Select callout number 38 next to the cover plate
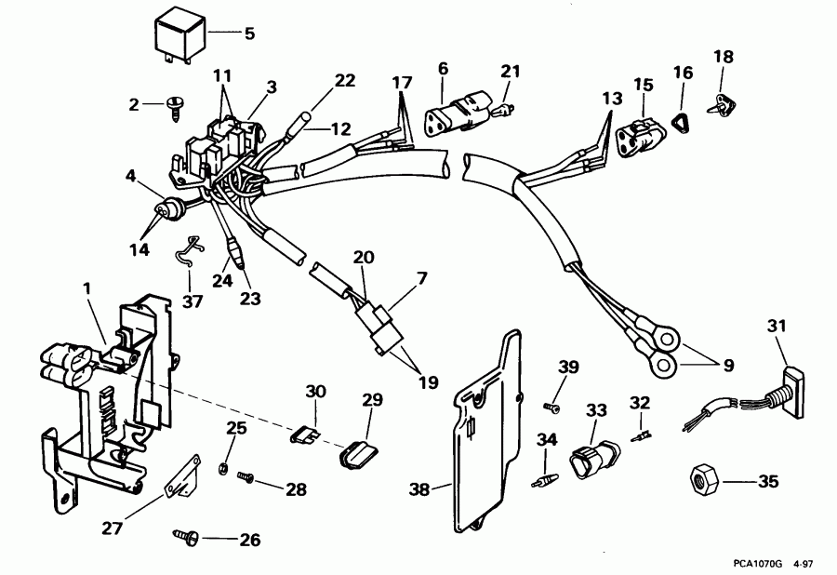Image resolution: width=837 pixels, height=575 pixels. coord(420,487)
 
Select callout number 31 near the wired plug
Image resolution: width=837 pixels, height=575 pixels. coord(777,325)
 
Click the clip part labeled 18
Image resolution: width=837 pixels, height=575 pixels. coord(722,105)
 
